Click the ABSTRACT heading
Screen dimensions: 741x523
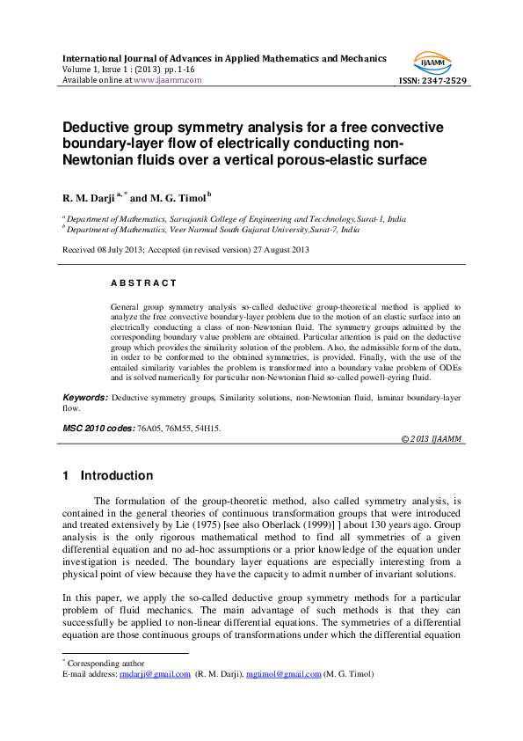pyautogui.click(x=143, y=283)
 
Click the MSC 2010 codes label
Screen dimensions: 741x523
pyautogui.click(x=98, y=428)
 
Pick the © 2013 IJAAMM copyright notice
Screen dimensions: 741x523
pyautogui.click(x=432, y=438)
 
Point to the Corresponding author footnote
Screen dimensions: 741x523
pyautogui.click(x=102, y=663)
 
